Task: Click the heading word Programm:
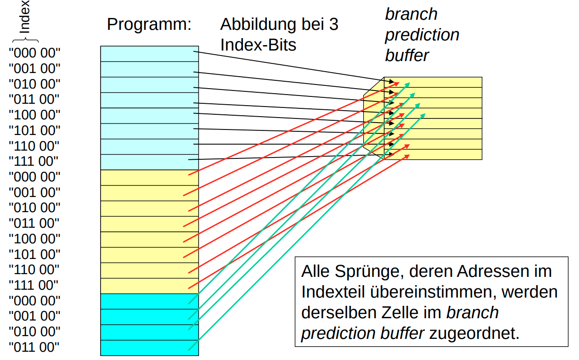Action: coord(149,24)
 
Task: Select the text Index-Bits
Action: coord(258,45)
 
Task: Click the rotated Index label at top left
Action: coord(26,17)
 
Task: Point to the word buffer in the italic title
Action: coord(407,56)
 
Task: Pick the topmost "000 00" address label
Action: coord(34,53)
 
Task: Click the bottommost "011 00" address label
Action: coord(34,347)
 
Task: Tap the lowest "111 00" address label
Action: coord(34,285)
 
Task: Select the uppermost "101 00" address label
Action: coord(34,130)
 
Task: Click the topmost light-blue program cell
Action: coord(149,54)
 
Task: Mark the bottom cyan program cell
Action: coord(149,348)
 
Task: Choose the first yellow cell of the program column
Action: coord(149,178)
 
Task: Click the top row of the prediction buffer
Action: coord(445,82)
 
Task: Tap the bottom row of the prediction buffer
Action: coord(445,154)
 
